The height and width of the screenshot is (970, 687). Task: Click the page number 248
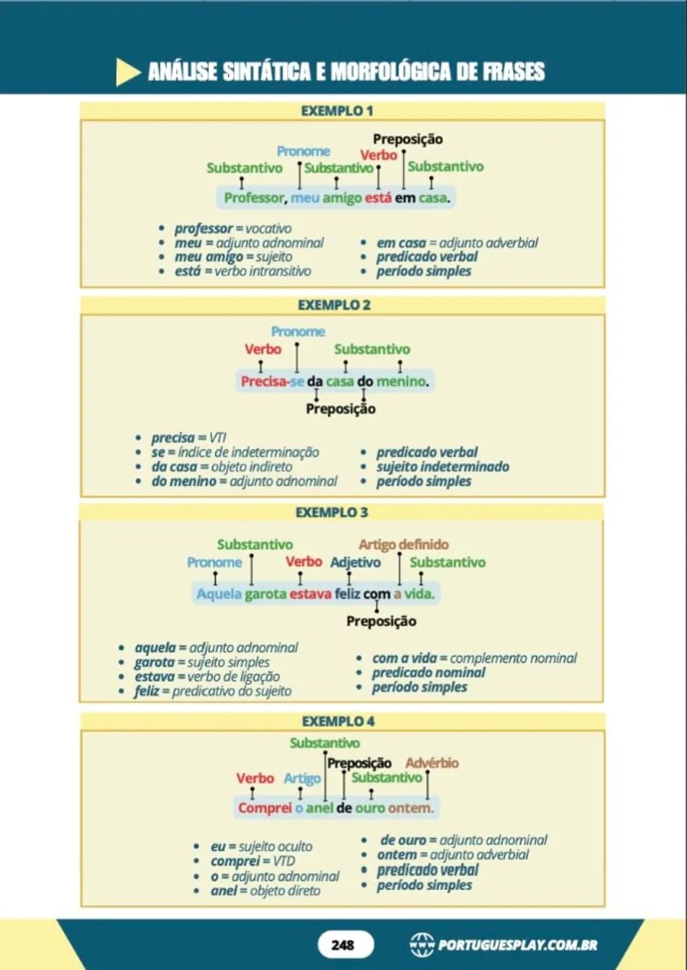[342, 944]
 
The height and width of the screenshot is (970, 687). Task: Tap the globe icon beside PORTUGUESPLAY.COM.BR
[422, 945]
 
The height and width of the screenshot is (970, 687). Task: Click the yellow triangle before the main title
[128, 72]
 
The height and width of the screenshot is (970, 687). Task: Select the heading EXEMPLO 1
[337, 111]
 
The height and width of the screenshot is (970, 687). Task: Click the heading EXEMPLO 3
[332, 512]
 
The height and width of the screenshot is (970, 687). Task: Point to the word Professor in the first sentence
[254, 198]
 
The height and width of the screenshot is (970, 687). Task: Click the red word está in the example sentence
[378, 198]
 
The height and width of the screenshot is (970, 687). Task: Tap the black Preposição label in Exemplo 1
[408, 139]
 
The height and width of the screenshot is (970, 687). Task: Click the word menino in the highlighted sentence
[401, 381]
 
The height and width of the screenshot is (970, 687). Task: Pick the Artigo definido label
[404, 544]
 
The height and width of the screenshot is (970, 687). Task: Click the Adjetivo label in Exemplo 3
[355, 562]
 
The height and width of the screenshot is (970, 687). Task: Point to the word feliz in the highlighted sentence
[347, 593]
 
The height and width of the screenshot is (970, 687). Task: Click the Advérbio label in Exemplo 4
[432, 763]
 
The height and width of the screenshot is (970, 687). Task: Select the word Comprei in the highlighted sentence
[265, 808]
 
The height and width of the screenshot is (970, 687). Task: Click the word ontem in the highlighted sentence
[408, 808]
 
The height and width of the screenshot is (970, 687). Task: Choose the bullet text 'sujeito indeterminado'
[443, 466]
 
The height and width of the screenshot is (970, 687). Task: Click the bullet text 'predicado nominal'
[429, 672]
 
